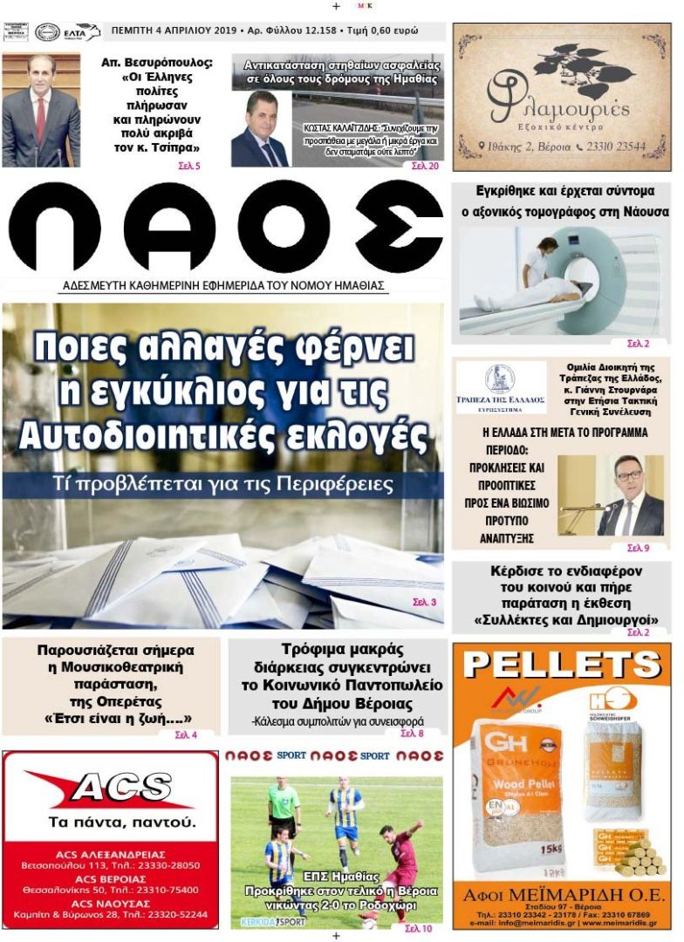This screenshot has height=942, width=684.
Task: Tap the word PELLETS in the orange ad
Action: [562, 666]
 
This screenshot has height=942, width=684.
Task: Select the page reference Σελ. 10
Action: [418, 928]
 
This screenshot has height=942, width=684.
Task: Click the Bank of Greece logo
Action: [500, 381]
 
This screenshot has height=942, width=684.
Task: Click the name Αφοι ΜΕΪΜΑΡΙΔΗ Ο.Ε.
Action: [561, 894]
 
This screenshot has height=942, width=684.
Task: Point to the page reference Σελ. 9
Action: [638, 548]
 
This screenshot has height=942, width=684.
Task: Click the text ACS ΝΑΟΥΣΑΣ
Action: [110, 902]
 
